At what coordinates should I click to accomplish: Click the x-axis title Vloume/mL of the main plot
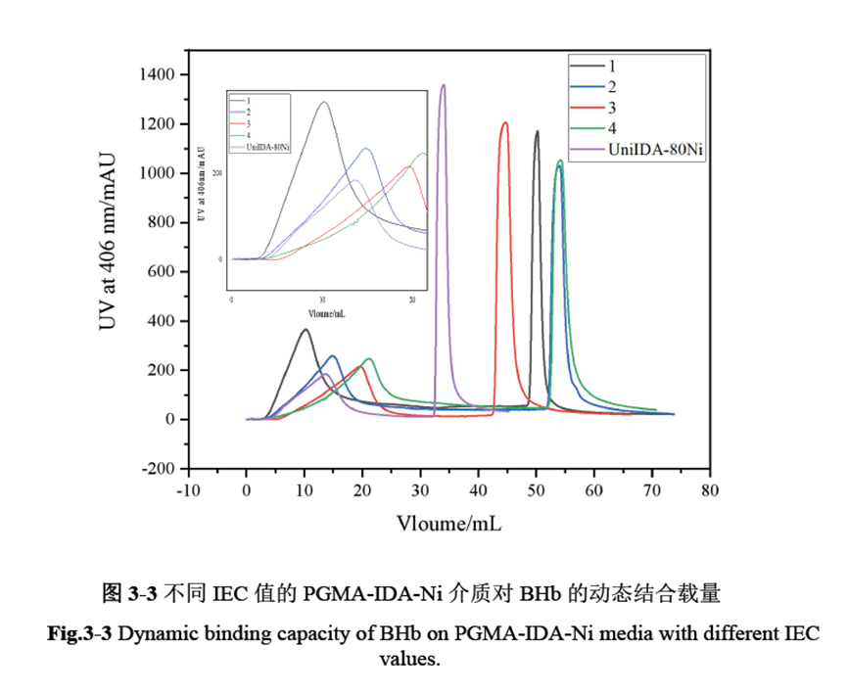[449, 523]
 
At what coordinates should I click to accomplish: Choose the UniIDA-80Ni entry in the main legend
[655, 150]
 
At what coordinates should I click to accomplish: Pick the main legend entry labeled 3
[612, 108]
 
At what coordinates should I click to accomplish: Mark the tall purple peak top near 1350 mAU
[444, 85]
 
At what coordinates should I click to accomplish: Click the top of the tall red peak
[505, 123]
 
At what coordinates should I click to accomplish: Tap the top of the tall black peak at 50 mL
[537, 131]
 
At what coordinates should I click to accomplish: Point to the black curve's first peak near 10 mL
[305, 330]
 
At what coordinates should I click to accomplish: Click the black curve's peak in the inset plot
[323, 103]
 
